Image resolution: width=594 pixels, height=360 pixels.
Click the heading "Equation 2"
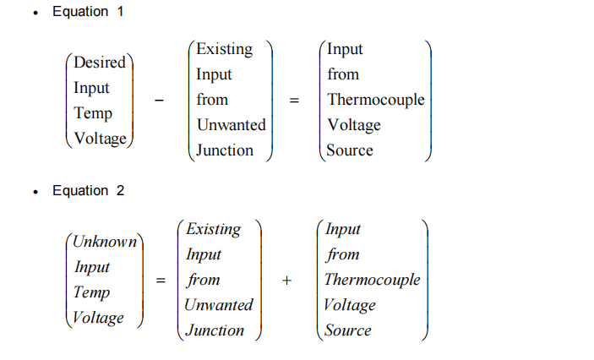tap(88, 191)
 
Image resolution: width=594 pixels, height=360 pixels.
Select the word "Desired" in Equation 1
tap(100, 63)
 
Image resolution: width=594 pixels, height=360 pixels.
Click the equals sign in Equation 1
tap(294, 100)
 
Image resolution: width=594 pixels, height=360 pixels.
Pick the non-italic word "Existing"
tap(224, 49)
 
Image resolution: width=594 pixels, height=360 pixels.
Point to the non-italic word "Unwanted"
tap(231, 125)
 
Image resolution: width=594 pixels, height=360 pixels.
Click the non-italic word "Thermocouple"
tap(376, 100)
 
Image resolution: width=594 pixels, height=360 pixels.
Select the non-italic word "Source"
tap(350, 150)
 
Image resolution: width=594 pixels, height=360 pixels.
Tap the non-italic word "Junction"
tap(225, 150)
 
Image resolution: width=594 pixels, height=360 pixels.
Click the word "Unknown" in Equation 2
tap(105, 242)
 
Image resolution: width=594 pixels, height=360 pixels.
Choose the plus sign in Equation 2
tap(287, 281)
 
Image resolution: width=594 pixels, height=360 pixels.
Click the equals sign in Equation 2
tap(160, 281)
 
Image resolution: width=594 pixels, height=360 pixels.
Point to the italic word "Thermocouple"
tap(372, 280)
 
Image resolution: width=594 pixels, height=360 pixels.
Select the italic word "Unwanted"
tap(219, 305)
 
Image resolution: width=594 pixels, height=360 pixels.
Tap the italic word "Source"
tap(348, 330)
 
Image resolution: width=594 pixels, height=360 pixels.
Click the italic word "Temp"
tap(92, 292)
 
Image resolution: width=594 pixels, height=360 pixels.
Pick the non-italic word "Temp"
tap(93, 113)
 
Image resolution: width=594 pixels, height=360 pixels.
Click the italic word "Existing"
tap(213, 229)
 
